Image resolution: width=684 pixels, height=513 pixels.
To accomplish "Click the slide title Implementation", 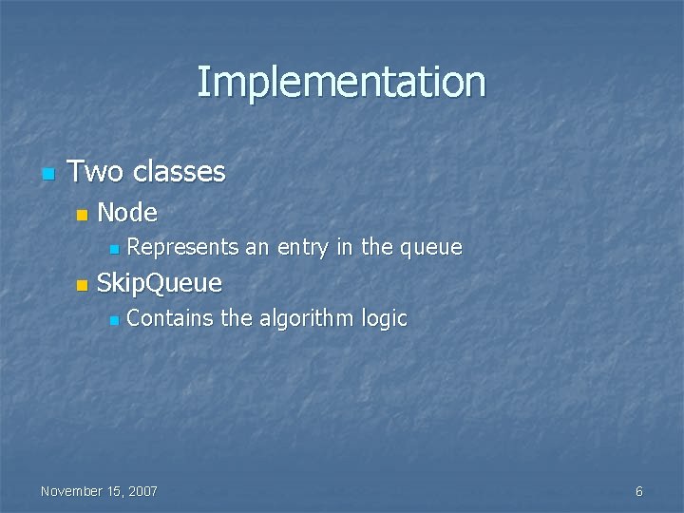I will click(x=341, y=82).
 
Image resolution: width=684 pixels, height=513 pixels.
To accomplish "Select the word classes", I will click(x=180, y=172).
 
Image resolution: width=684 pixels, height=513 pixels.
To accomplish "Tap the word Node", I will click(x=127, y=212).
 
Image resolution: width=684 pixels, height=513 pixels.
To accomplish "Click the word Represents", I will click(x=182, y=248).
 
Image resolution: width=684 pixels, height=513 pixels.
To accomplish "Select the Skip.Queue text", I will click(x=160, y=283).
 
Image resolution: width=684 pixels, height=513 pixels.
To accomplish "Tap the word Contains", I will click(x=170, y=318).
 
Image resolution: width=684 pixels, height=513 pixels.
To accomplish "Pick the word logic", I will click(x=384, y=319).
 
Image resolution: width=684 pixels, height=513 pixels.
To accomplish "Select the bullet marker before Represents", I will click(x=112, y=251).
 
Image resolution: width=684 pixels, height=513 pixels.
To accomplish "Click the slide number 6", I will click(x=638, y=491).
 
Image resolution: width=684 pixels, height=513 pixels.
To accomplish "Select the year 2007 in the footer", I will click(x=142, y=491).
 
